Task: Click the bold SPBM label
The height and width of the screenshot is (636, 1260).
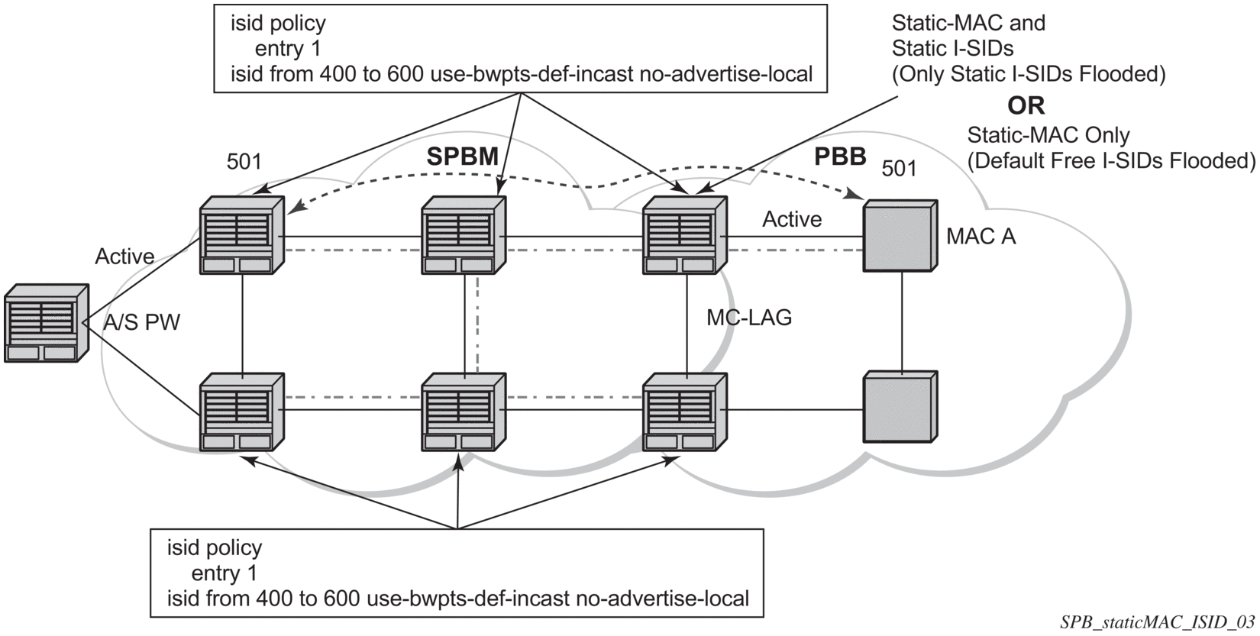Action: (462, 157)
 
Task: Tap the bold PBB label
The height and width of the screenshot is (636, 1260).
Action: (840, 157)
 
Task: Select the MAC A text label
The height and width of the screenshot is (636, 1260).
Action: (981, 237)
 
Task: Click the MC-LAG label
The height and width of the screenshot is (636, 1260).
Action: (748, 317)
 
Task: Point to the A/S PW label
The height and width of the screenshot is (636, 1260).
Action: (141, 322)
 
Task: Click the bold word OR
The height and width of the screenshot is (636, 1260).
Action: (1026, 105)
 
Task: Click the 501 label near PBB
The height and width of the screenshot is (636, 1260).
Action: (899, 168)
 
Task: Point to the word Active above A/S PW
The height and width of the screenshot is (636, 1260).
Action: (124, 257)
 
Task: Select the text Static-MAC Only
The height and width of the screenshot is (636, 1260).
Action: (1048, 135)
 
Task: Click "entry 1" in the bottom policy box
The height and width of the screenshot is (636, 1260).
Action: (224, 573)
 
